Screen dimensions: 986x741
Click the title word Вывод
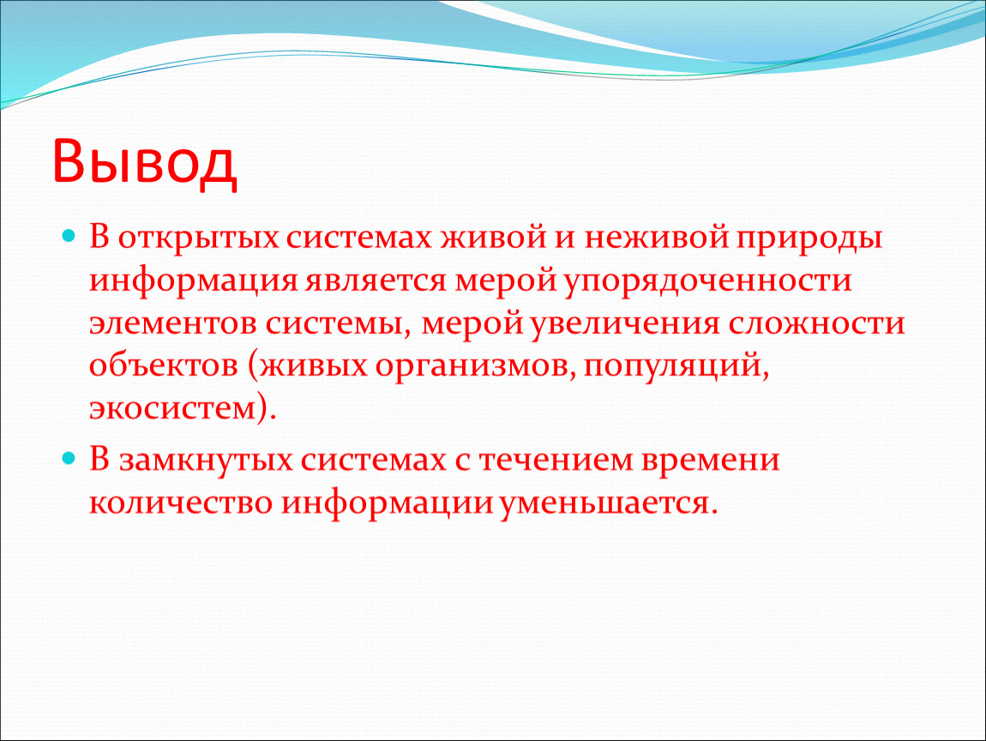point(145,161)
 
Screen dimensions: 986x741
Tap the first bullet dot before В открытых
point(69,237)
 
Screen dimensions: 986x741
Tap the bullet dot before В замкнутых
point(69,458)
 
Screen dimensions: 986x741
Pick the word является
point(376,281)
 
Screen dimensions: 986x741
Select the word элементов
point(173,324)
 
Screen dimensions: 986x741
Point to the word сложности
point(817,324)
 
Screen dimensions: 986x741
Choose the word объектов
point(164,364)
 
